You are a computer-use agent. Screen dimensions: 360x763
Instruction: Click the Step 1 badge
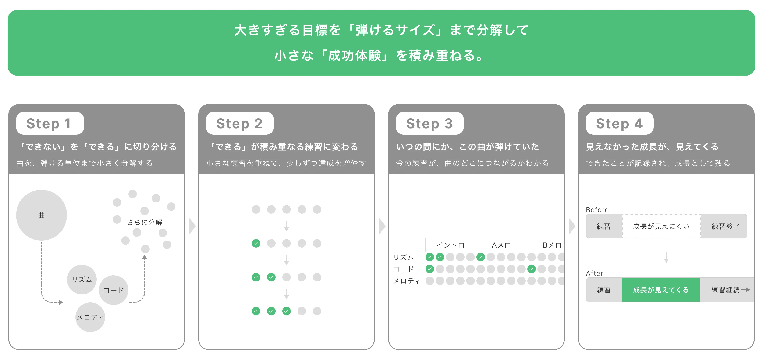point(50,123)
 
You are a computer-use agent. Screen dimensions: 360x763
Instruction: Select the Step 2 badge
point(240,123)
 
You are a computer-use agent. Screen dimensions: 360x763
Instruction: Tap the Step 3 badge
point(429,123)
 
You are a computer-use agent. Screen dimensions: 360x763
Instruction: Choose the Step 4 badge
point(619,123)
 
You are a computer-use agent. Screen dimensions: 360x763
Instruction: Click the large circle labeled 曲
point(42,215)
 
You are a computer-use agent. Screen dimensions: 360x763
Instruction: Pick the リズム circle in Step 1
point(82,280)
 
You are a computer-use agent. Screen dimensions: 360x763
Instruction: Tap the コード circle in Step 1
point(113,290)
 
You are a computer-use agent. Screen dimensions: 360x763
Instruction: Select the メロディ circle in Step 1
point(90,317)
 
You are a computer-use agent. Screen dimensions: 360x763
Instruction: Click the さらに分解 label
point(145,222)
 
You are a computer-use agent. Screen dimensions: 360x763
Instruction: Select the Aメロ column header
point(501,245)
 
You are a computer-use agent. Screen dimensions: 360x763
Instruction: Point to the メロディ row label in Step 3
point(406,281)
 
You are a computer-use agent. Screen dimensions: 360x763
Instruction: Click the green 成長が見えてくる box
point(661,290)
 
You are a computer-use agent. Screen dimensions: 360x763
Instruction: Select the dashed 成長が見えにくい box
point(661,226)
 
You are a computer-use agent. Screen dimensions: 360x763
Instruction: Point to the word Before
point(597,210)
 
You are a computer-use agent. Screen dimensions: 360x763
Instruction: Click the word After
point(594,273)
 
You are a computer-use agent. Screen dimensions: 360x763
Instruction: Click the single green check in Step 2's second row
point(256,243)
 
